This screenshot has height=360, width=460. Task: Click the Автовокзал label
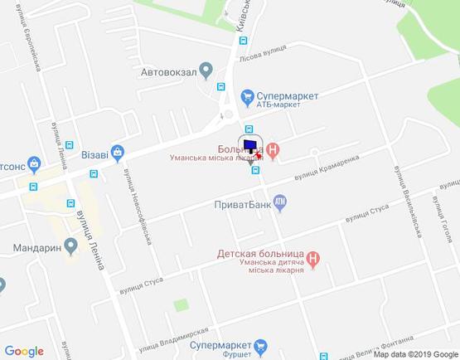168,71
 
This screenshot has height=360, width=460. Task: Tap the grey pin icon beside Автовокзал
208,71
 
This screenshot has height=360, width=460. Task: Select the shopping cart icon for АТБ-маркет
245,96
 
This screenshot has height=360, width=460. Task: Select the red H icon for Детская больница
326,257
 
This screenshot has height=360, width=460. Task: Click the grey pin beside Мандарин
71,245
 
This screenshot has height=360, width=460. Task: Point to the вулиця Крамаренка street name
327,170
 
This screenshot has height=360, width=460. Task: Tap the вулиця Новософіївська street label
137,212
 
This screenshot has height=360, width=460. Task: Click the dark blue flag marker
249,142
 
